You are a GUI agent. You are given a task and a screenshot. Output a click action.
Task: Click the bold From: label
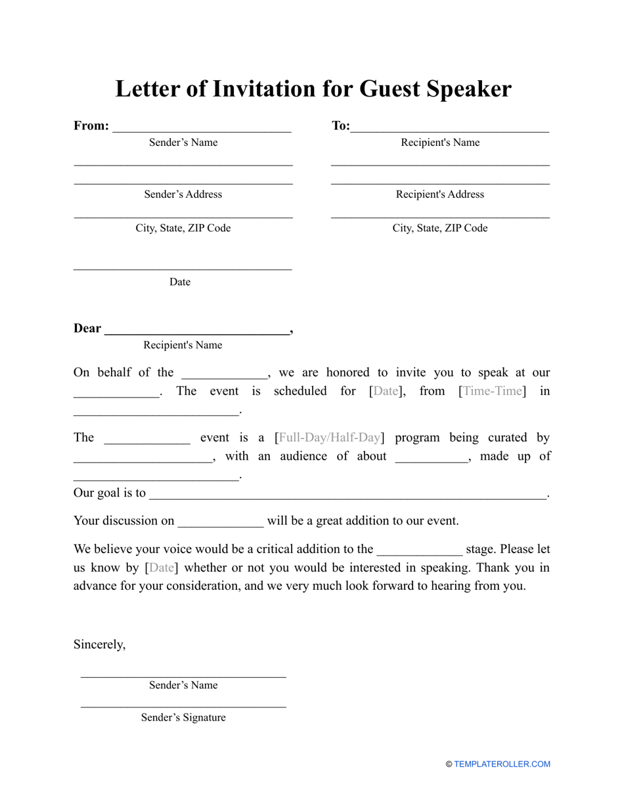click(x=91, y=125)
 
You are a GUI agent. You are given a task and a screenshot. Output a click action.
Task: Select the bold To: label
click(x=341, y=125)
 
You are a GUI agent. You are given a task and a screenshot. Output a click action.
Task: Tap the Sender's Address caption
click(x=183, y=194)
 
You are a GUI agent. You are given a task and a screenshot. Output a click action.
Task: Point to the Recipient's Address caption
click(x=440, y=194)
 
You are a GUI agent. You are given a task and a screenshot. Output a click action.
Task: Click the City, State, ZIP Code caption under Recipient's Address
click(x=440, y=229)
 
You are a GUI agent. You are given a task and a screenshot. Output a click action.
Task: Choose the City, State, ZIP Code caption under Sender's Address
click(x=183, y=229)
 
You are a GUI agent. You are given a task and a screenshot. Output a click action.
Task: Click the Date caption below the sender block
click(x=180, y=282)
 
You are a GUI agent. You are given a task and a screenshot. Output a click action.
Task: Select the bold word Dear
click(x=87, y=328)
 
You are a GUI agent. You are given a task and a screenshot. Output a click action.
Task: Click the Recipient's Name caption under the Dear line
click(x=183, y=346)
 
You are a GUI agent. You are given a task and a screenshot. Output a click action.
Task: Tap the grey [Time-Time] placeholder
click(x=492, y=392)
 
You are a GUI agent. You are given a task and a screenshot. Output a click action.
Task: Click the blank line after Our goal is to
click(x=348, y=495)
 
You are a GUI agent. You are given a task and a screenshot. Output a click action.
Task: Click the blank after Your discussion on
click(x=221, y=522)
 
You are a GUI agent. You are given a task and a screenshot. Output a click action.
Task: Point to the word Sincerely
click(x=99, y=644)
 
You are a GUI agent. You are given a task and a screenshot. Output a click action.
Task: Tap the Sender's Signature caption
click(x=183, y=718)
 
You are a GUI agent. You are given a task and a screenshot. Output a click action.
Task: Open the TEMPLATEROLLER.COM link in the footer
click(x=502, y=764)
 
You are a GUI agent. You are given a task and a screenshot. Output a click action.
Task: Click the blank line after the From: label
click(x=202, y=127)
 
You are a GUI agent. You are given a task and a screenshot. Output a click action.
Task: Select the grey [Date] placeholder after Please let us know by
click(x=162, y=568)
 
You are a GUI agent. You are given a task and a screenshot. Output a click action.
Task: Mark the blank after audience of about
click(x=432, y=458)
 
